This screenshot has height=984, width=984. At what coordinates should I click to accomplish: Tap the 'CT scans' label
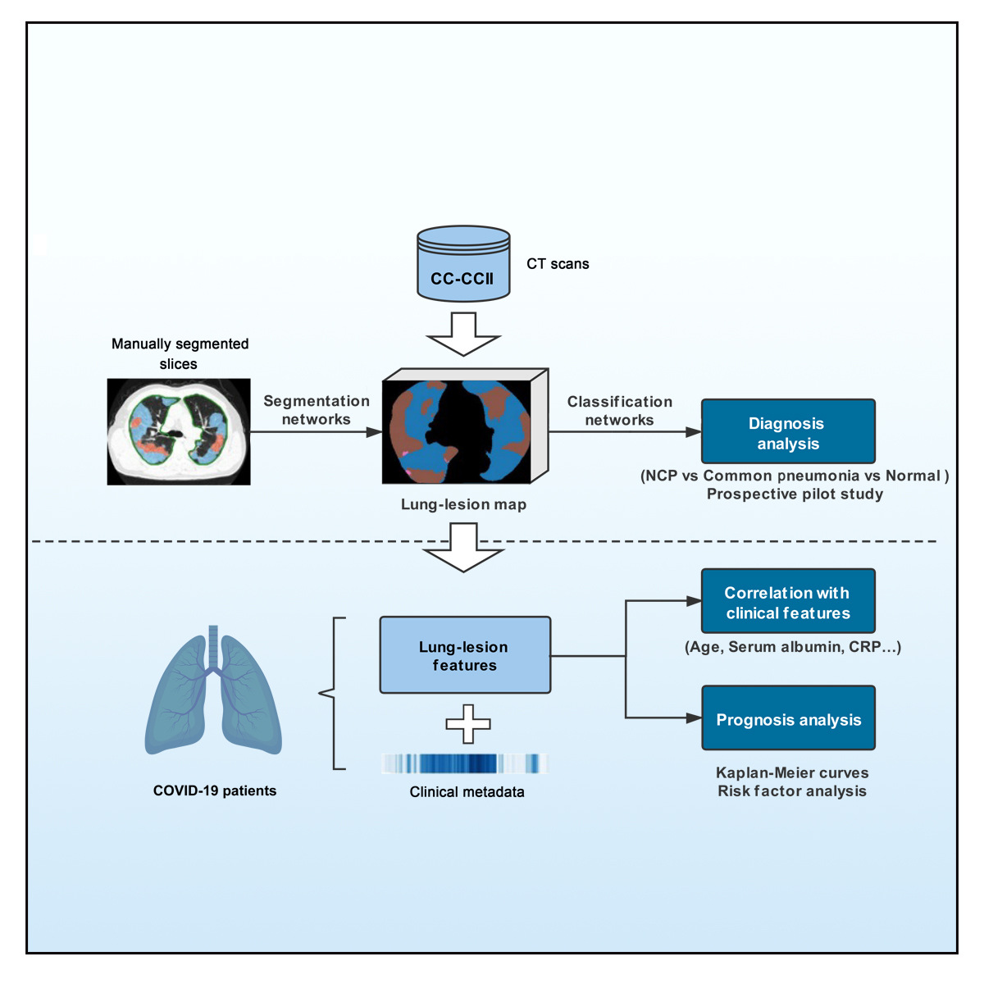558,264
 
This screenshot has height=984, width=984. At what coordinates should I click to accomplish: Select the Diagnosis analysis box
788,432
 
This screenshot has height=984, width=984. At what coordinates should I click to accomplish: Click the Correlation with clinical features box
788,601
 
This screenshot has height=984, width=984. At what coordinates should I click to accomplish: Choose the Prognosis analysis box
788,718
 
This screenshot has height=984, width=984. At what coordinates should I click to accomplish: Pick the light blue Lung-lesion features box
465,655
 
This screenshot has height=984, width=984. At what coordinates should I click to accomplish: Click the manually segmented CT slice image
179,431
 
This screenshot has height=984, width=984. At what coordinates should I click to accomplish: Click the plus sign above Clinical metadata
468,724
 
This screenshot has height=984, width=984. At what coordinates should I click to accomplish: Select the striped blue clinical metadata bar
465,764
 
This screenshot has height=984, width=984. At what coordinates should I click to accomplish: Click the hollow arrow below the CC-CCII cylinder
463,335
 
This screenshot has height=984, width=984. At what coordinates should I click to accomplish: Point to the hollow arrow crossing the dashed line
463,549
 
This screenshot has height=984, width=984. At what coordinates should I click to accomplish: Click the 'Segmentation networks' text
317,410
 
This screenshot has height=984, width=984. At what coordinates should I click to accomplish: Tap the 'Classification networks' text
620,411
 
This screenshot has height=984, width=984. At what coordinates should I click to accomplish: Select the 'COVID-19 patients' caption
215,791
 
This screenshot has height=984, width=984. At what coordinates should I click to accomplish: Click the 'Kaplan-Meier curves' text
792,772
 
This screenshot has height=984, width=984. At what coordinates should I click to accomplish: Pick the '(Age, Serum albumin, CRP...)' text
792,647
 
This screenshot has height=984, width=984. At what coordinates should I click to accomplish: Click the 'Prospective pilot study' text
795,494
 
